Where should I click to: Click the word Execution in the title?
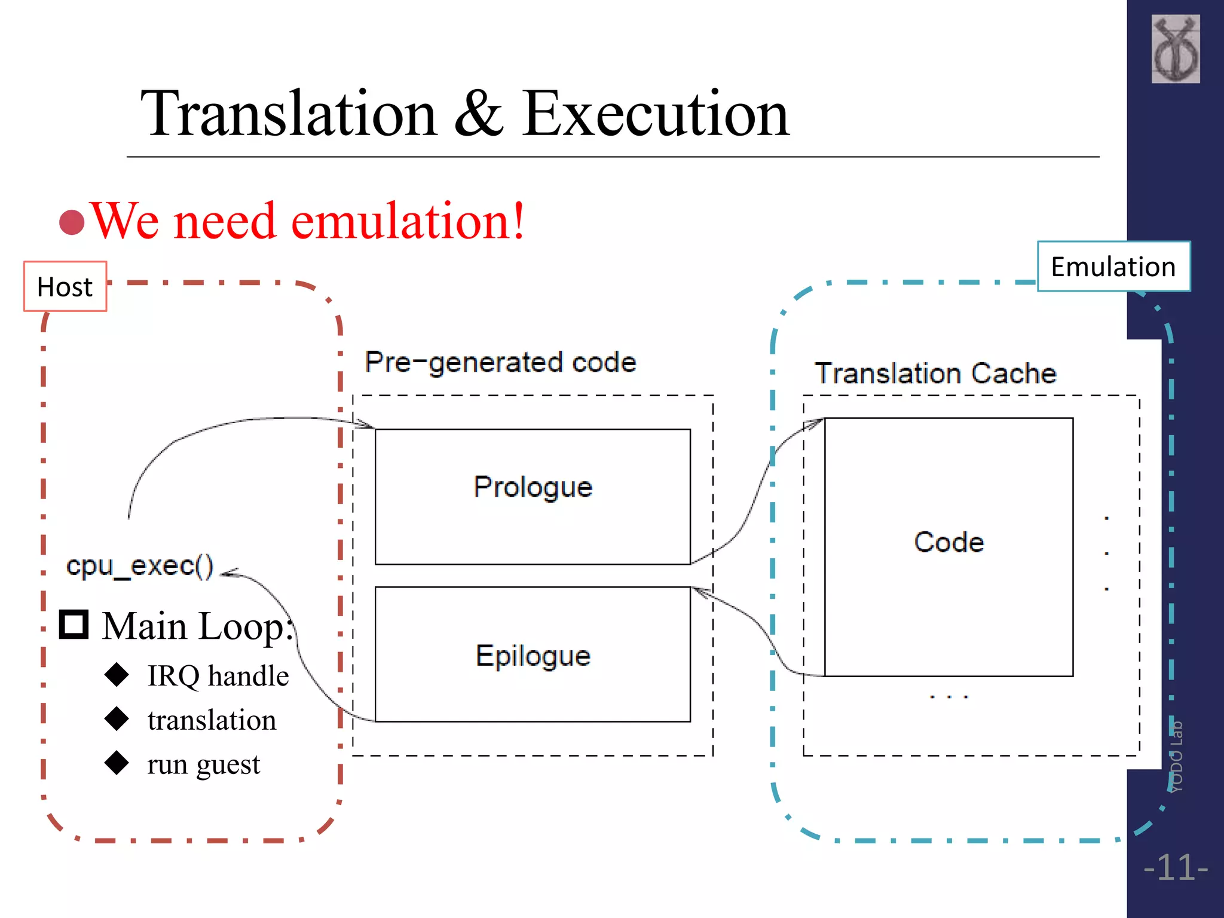coord(656,114)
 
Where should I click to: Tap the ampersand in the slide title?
coord(479,114)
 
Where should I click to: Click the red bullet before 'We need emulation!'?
coord(72,222)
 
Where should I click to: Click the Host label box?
coord(65,286)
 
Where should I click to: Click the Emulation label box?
coord(1113,267)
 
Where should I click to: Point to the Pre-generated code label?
coord(500,362)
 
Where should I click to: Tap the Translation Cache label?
coord(935,373)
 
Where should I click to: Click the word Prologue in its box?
coord(533,487)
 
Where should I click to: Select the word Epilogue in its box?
coord(533,656)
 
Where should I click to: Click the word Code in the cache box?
coord(948,542)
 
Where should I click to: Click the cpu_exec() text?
coord(140,566)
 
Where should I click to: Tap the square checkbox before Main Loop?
coord(74,625)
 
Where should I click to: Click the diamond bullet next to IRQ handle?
coord(117,674)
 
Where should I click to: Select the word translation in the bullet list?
coord(212,720)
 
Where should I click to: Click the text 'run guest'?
coord(203,764)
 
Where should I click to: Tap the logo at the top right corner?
coord(1175,49)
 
